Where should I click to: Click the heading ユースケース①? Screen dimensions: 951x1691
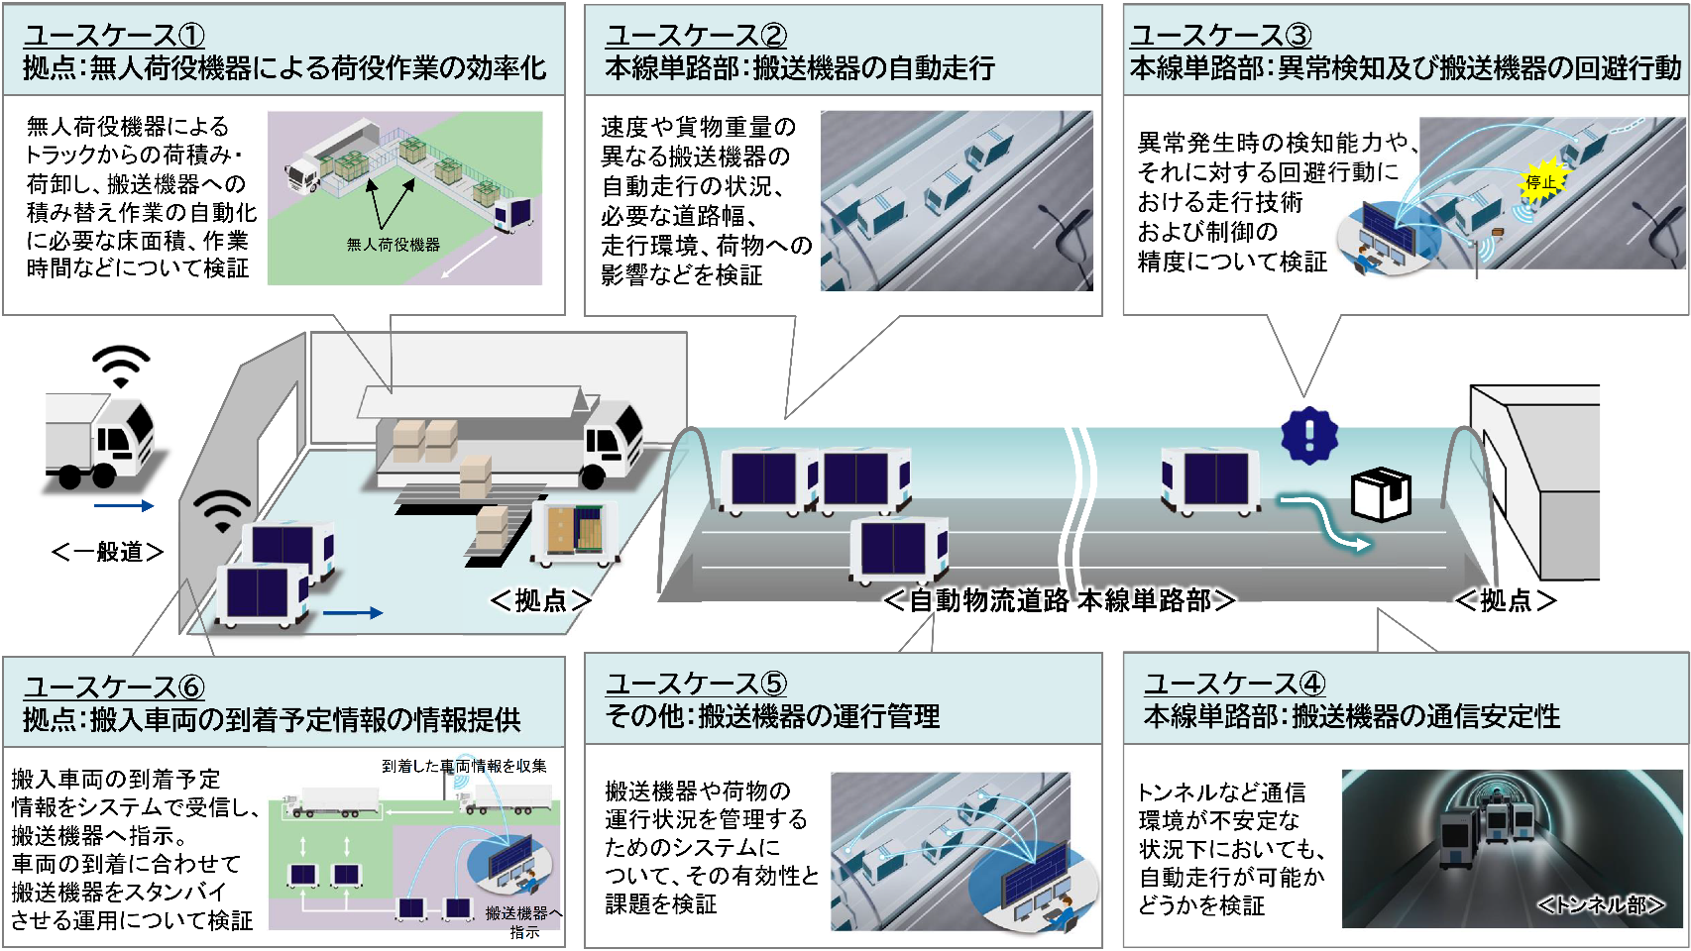pos(114,36)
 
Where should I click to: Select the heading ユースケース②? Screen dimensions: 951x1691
pos(696,36)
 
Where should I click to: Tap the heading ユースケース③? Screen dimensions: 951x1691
pos(1220,36)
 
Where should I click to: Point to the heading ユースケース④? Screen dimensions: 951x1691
pos(1234,684)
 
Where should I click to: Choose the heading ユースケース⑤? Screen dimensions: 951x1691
pos(696,684)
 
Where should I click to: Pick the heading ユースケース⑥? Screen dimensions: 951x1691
pos(114,687)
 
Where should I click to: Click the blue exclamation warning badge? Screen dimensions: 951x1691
pos(1308,435)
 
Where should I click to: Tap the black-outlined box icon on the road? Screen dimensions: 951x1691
pos(1381,493)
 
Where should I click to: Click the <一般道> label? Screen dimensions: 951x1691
pos(107,552)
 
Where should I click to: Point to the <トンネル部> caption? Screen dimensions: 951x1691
pos(1600,904)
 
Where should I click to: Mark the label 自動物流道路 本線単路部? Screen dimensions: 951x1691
pos(1059,600)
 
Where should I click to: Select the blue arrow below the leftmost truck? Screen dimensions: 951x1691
pos(124,506)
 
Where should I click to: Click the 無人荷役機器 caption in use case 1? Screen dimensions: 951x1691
pos(393,245)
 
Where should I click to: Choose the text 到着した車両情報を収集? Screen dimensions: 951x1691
pos(464,766)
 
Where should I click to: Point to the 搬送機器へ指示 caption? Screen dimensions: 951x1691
pos(523,921)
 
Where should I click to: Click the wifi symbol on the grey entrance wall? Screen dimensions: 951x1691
pos(222,510)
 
